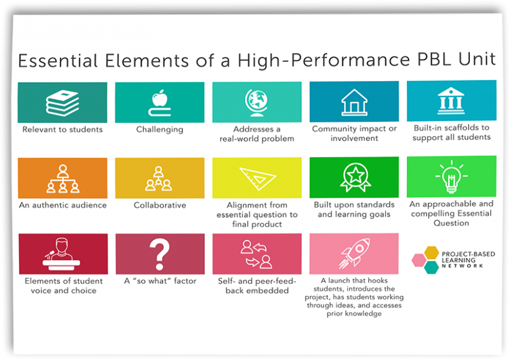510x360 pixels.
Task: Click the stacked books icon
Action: pyautogui.click(x=62, y=103)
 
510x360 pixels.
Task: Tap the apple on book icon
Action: pyautogui.click(x=159, y=103)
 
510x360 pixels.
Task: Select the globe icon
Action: pyautogui.click(x=257, y=102)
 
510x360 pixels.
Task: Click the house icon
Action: pyautogui.click(x=354, y=102)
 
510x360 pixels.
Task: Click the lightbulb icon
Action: pyautogui.click(x=451, y=177)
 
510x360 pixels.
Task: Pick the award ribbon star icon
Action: pyautogui.click(x=355, y=178)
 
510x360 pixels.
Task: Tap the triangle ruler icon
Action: pyautogui.click(x=257, y=178)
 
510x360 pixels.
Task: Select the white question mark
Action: pyautogui.click(x=159, y=254)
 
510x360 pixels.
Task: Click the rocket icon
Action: pyautogui.click(x=354, y=254)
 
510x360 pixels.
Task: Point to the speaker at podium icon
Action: pyautogui.click(x=62, y=254)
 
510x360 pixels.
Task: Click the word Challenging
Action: pyautogui.click(x=159, y=130)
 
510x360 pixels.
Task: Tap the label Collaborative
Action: pyautogui.click(x=159, y=205)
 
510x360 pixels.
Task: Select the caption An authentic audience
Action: pyautogui.click(x=62, y=205)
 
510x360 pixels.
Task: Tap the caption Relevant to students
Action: pyautogui.click(x=62, y=130)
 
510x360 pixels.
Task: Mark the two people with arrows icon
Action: pyautogui.click(x=257, y=254)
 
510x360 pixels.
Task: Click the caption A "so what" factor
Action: pyautogui.click(x=160, y=281)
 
